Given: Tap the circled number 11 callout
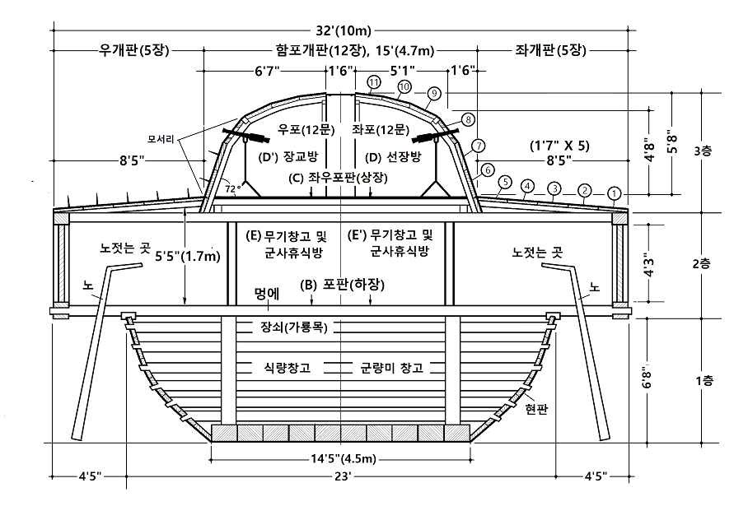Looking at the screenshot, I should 374,82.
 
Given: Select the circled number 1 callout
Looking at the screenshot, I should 613,194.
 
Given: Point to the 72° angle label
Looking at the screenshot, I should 233,188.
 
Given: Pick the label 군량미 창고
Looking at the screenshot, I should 396,366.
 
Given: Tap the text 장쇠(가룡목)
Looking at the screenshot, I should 290,327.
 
